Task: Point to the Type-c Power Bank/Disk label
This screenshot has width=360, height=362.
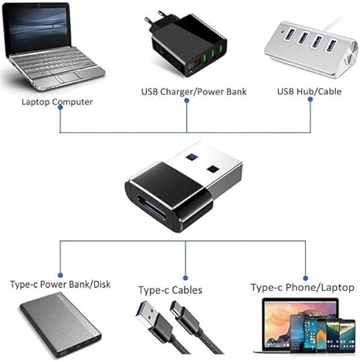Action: click(60, 284)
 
